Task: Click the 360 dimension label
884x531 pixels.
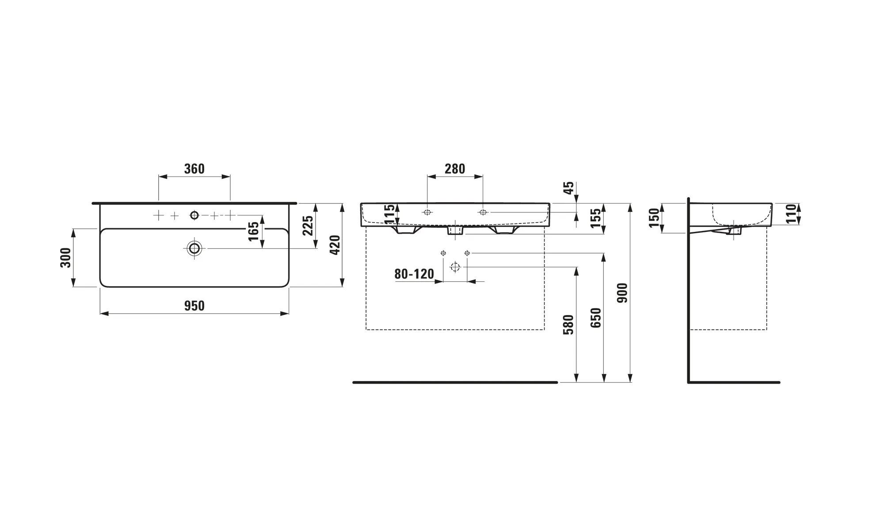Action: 194,169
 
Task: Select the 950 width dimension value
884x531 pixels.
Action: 194,306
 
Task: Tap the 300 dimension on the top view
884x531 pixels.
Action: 65,258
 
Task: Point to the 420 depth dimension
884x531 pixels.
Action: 335,245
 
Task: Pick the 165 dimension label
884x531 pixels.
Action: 253,231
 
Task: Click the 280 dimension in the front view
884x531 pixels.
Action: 455,169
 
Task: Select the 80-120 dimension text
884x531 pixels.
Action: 414,274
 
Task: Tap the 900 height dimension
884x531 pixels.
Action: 622,293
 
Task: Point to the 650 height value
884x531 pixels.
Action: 596,318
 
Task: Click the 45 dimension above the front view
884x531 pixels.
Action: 569,188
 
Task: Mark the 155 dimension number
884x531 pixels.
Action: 596,218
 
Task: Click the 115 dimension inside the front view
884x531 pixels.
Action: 389,214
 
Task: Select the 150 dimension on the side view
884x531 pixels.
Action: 654,218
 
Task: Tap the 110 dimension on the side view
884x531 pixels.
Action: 791,214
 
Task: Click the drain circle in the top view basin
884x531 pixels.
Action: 194,248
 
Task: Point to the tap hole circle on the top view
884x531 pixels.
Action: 194,215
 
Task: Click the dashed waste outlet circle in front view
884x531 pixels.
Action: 455,267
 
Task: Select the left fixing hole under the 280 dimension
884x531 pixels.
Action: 427,212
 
